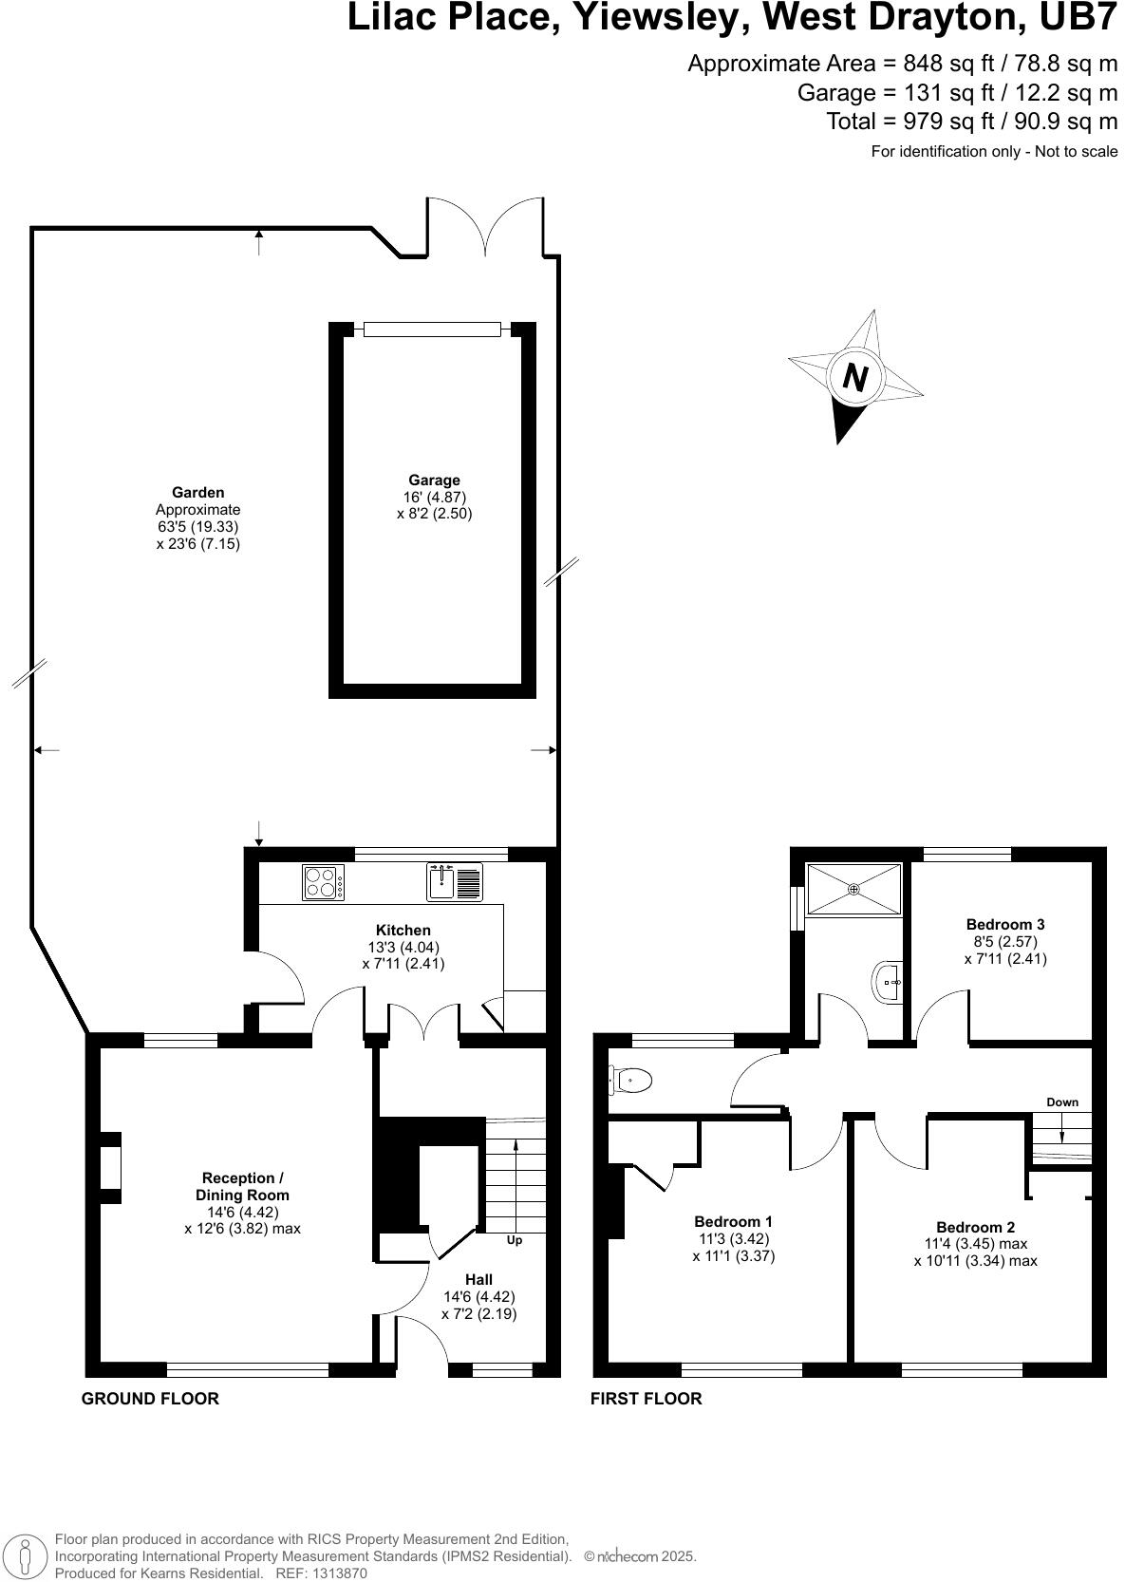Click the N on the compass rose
[x=855, y=378]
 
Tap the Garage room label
[x=434, y=480]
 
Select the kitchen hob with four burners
[x=322, y=882]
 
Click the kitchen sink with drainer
[x=455, y=882]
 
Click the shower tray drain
[x=853, y=890]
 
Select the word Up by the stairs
[x=514, y=1240]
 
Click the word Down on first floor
[x=1062, y=1102]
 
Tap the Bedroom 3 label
[x=1005, y=924]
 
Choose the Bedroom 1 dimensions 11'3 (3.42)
[x=733, y=1238]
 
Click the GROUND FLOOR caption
[x=150, y=1399]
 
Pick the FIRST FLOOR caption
[x=646, y=1399]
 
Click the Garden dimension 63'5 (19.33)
[x=197, y=527]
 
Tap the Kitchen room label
[x=403, y=931]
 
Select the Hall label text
[x=478, y=1280]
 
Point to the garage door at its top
[x=432, y=330]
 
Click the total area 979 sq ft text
[x=971, y=122]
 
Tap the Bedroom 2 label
[x=975, y=1227]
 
